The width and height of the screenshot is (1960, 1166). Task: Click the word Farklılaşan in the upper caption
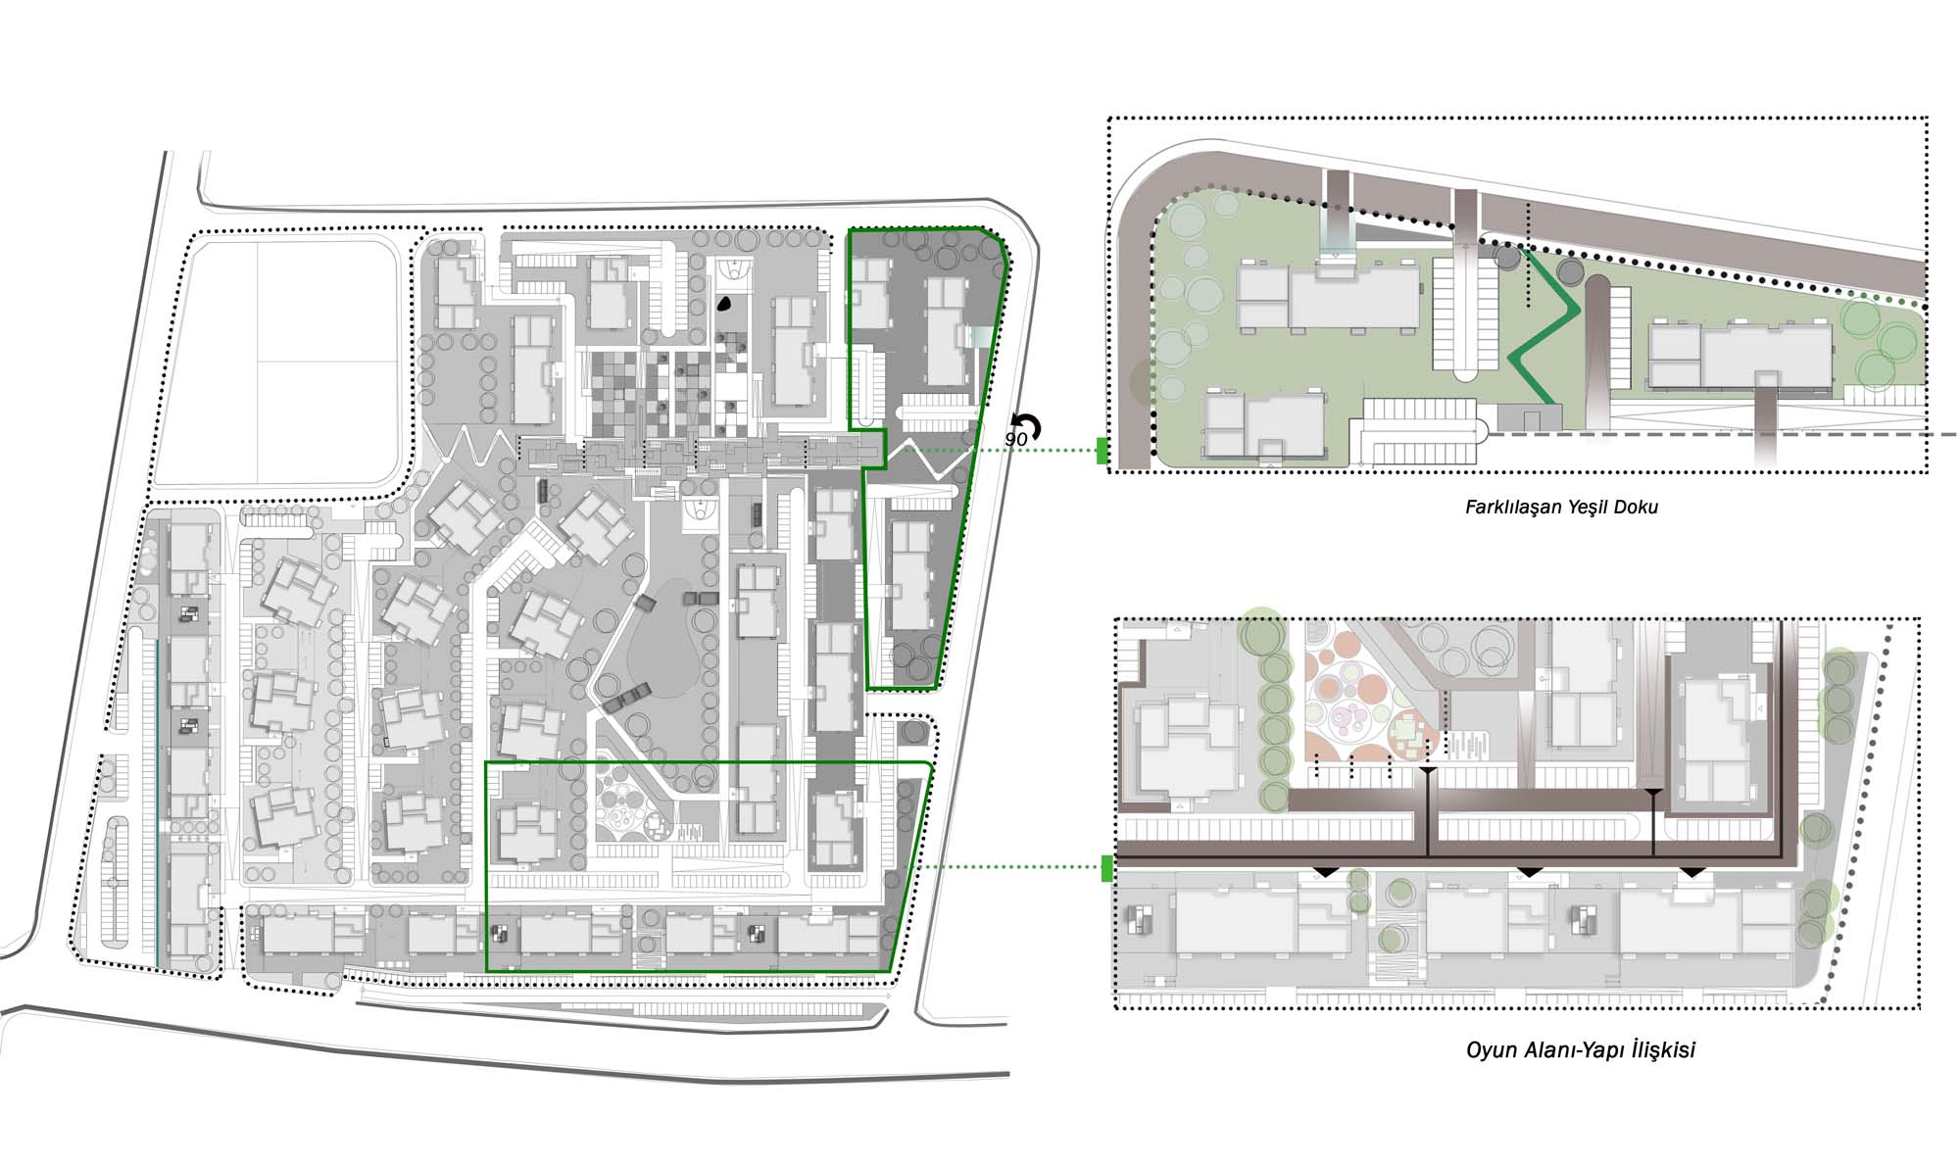coord(1513,508)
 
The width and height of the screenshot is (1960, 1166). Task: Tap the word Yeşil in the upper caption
coord(1591,508)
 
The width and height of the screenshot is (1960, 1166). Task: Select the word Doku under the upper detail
coord(1640,508)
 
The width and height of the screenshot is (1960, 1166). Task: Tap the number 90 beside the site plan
coord(1016,440)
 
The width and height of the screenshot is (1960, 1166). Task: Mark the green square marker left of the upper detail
coord(1102,451)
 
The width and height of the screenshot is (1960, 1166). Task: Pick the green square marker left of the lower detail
coord(1107,868)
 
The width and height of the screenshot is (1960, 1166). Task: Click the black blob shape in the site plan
coord(724,304)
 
